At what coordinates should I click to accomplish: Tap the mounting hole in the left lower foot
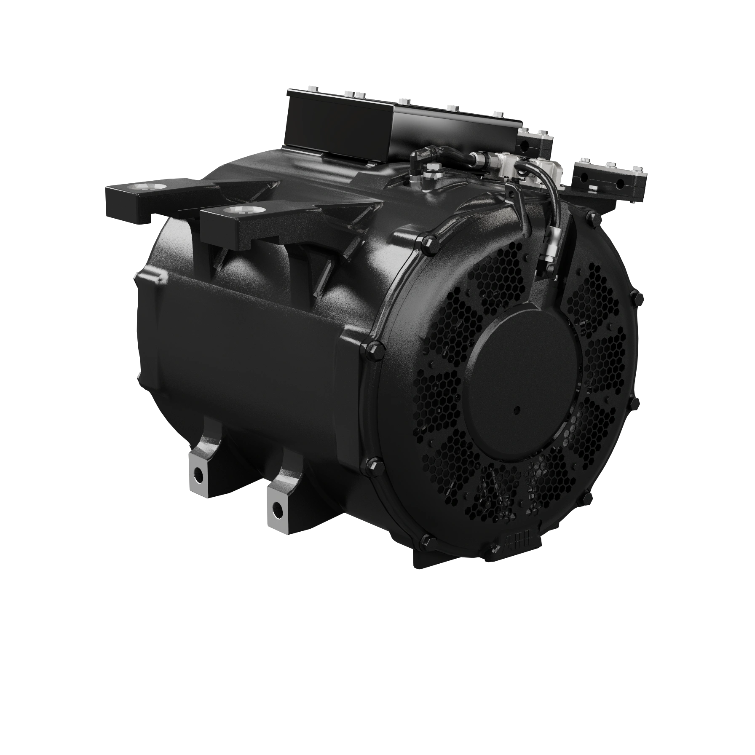click(x=196, y=475)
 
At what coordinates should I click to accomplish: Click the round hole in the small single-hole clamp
click(x=525, y=145)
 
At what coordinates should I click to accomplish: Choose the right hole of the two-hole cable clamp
click(x=620, y=184)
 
